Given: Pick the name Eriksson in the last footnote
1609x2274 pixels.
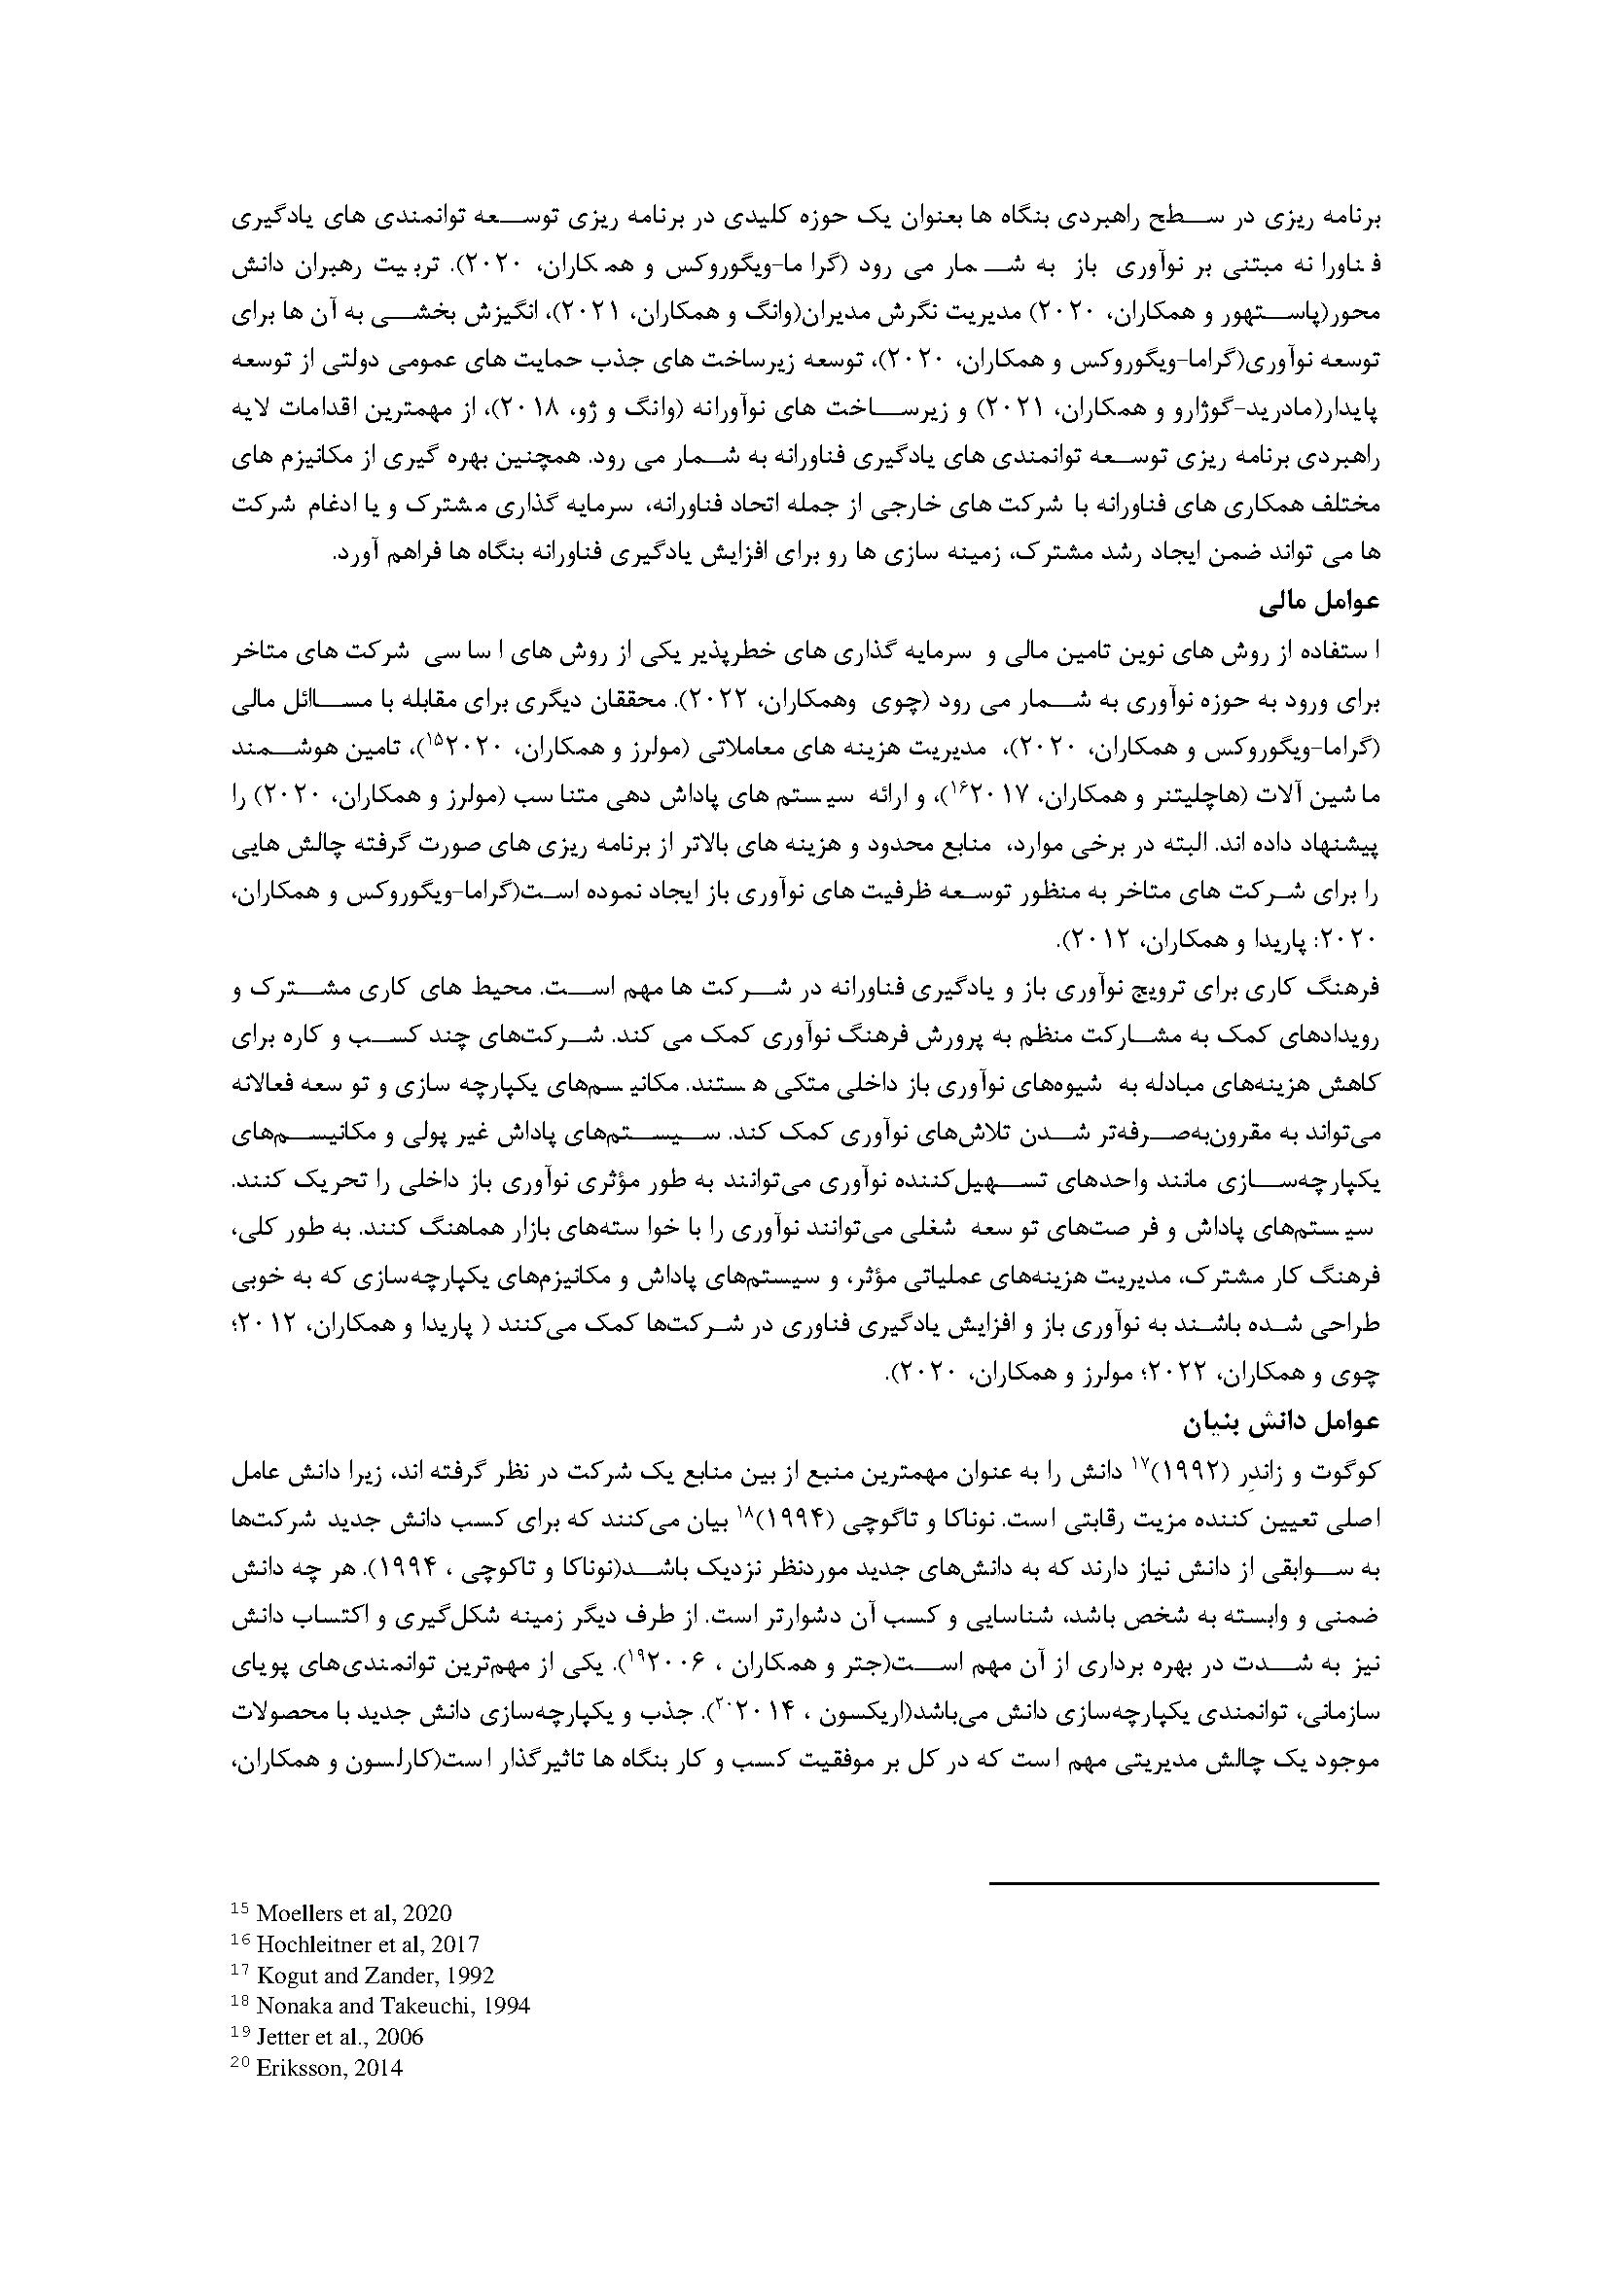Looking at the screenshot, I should coord(299,2067).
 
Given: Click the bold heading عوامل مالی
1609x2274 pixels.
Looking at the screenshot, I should coord(1322,603).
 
